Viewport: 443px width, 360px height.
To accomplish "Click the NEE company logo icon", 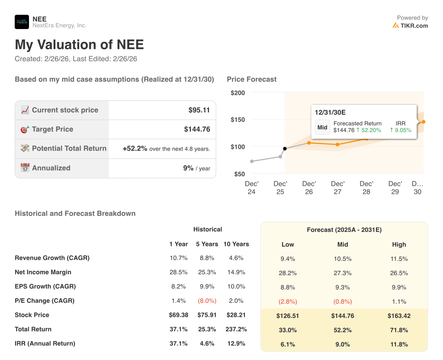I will tap(22, 22).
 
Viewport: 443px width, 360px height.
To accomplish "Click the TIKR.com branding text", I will tap(414, 26).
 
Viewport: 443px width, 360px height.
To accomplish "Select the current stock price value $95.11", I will tap(199, 110).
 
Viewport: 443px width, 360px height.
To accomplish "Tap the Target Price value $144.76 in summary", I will tap(197, 129).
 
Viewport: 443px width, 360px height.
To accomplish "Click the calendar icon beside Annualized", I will tap(25, 168).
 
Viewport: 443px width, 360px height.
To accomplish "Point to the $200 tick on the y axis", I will tap(238, 93).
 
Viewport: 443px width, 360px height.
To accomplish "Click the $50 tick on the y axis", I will tap(239, 174).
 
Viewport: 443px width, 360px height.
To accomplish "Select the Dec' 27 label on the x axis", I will tap(337, 188).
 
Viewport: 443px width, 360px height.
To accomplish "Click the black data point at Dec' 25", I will tap(285, 149).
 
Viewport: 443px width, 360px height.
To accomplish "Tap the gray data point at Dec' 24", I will tap(252, 161).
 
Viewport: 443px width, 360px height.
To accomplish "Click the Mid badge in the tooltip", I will tap(322, 127).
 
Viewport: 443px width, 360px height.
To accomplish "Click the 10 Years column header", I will tap(236, 244).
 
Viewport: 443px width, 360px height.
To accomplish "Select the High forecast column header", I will tap(399, 244).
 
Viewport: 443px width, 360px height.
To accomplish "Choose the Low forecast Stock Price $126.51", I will tap(288, 316).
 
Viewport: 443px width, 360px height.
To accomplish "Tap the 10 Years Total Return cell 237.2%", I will tap(236, 329).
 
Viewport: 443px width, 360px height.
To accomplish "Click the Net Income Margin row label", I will tap(43, 272).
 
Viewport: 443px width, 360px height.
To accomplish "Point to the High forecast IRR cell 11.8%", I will tap(399, 344).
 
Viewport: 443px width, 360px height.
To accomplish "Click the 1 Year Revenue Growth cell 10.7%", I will tap(178, 258).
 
